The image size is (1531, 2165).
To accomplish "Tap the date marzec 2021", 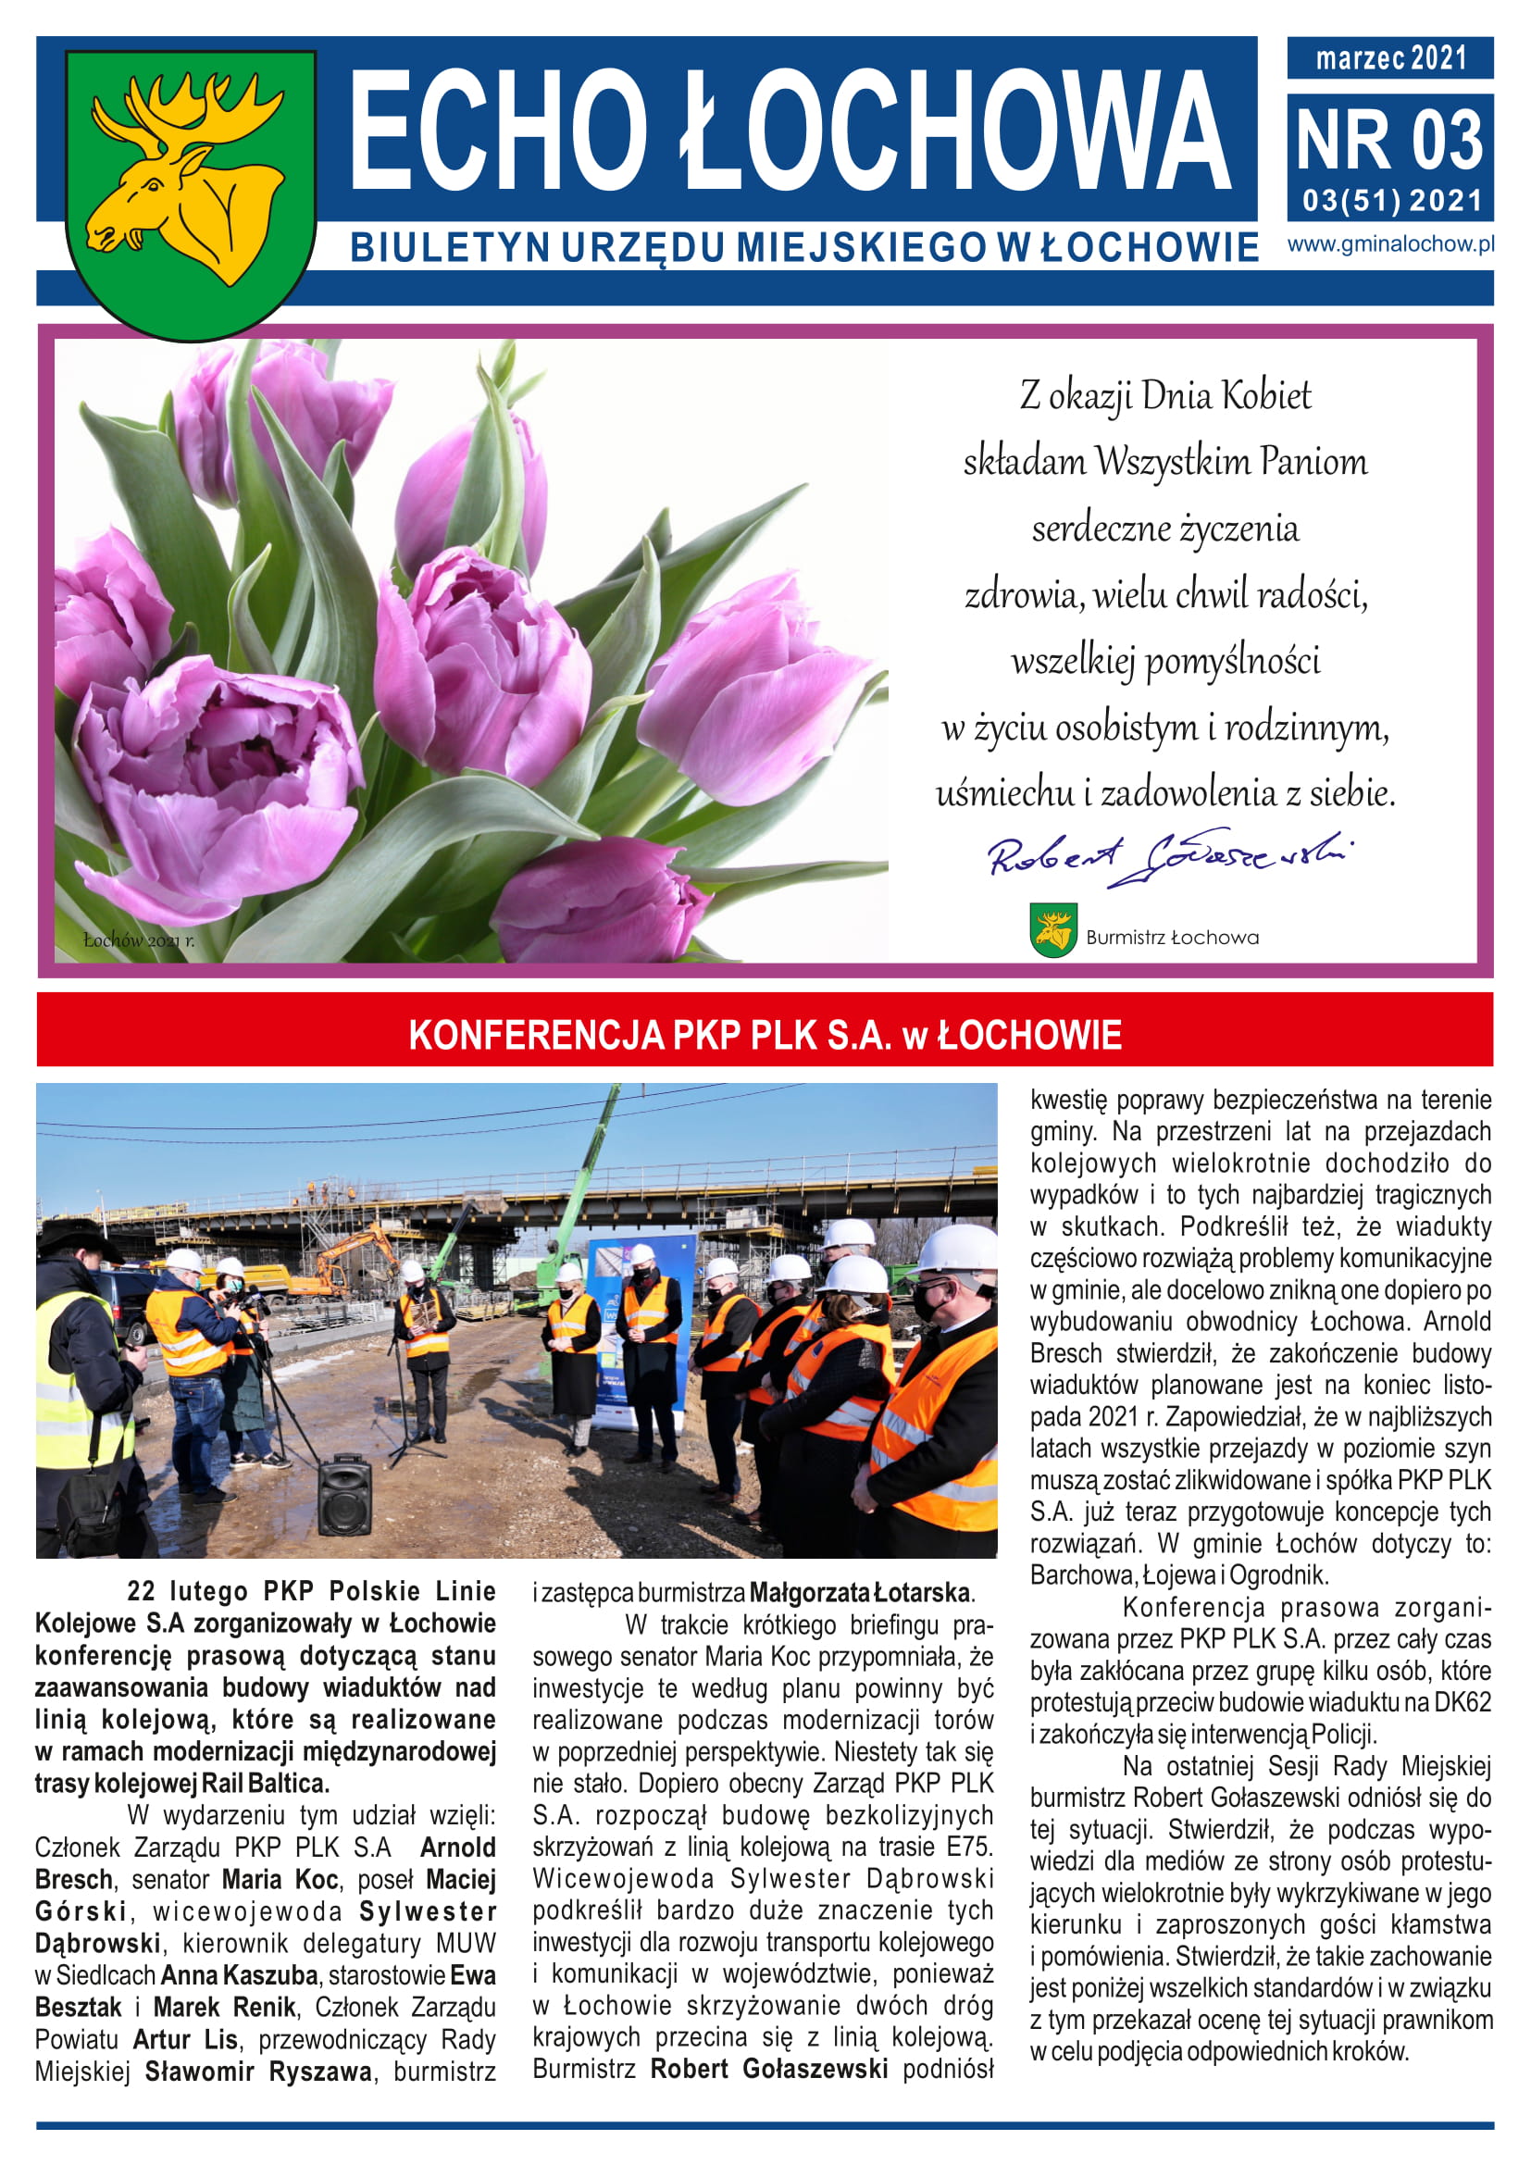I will click(1390, 58).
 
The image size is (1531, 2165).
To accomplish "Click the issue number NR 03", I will click(1389, 140).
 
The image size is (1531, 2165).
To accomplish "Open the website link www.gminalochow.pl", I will click(1390, 244).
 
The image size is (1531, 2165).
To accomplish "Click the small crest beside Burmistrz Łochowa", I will click(1052, 930).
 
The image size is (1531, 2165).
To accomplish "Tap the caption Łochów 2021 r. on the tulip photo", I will click(139, 940).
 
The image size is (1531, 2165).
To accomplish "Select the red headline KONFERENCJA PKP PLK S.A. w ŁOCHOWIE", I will click(765, 1035).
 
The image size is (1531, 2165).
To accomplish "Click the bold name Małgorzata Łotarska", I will click(861, 1593).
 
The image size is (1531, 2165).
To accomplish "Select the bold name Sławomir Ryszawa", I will click(258, 2072).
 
